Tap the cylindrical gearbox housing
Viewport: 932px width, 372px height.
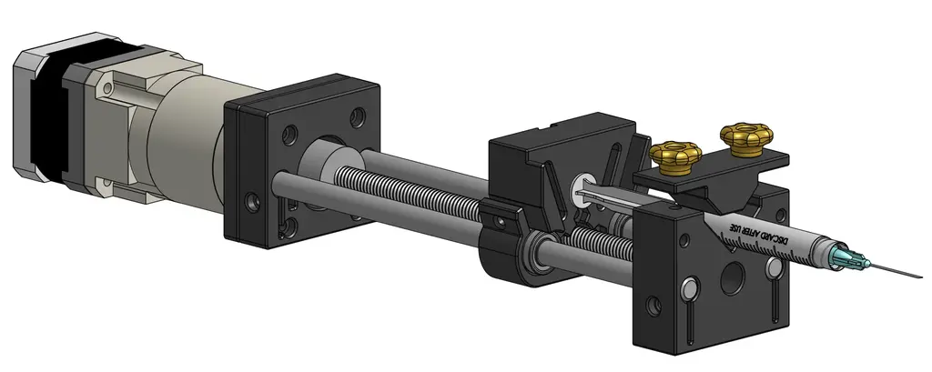[x=187, y=127]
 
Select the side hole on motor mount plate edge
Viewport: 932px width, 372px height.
[x=251, y=198]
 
